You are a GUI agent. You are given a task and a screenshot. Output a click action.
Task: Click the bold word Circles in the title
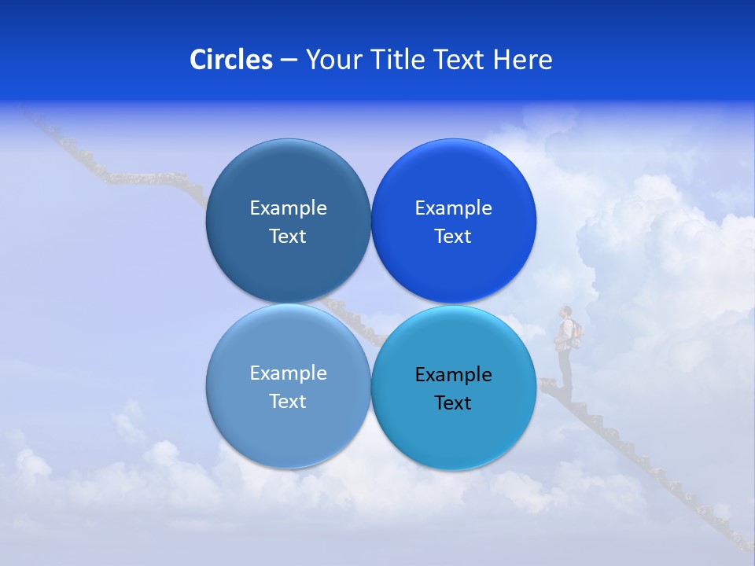click(x=231, y=60)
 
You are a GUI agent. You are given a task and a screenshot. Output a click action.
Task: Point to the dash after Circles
click(x=289, y=61)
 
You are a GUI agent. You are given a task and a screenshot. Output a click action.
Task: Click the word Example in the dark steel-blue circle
click(x=288, y=208)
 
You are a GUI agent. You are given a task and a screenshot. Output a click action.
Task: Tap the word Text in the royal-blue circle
click(x=453, y=236)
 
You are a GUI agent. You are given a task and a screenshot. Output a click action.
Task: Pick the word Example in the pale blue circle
click(x=288, y=373)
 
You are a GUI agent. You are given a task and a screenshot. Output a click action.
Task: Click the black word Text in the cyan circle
click(x=453, y=402)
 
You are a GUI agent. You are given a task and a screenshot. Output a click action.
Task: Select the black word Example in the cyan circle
click(x=453, y=374)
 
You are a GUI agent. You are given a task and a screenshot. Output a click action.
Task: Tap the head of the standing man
click(x=565, y=311)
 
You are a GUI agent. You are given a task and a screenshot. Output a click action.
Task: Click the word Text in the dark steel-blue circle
click(x=288, y=236)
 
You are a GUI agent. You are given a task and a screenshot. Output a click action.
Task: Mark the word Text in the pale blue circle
click(x=288, y=401)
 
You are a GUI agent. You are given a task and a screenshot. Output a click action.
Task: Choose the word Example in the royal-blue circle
click(x=453, y=208)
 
